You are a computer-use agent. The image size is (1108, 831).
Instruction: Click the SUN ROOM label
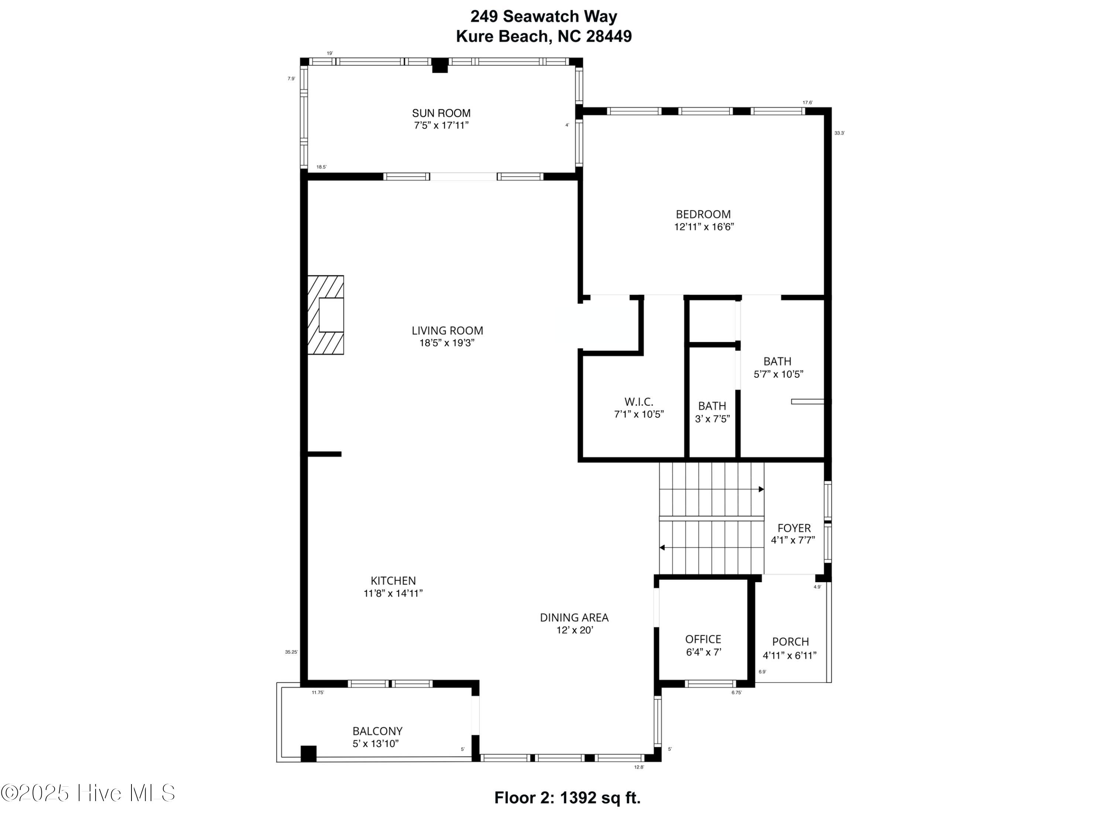[441, 113]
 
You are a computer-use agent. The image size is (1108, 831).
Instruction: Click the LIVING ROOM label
[447, 331]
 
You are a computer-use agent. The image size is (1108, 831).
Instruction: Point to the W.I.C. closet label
[639, 402]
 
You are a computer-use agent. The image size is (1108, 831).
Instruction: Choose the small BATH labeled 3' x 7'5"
[712, 406]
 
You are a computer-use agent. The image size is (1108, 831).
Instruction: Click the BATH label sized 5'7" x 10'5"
[777, 361]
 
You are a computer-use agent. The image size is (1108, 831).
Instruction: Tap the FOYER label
[793, 528]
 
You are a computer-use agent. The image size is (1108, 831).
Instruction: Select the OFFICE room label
[703, 639]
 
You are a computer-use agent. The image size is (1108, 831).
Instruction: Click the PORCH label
[790, 642]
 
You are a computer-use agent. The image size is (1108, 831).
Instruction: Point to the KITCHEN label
[393, 581]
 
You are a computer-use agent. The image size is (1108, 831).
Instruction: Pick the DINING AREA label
[574, 618]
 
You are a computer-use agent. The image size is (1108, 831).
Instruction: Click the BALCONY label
[377, 731]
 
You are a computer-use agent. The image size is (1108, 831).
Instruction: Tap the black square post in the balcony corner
[308, 753]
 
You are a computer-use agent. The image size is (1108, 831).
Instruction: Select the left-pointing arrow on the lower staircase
[662, 547]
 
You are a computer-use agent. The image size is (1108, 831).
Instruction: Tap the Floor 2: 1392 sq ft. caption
[567, 798]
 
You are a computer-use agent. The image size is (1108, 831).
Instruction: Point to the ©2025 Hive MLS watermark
[88, 793]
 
